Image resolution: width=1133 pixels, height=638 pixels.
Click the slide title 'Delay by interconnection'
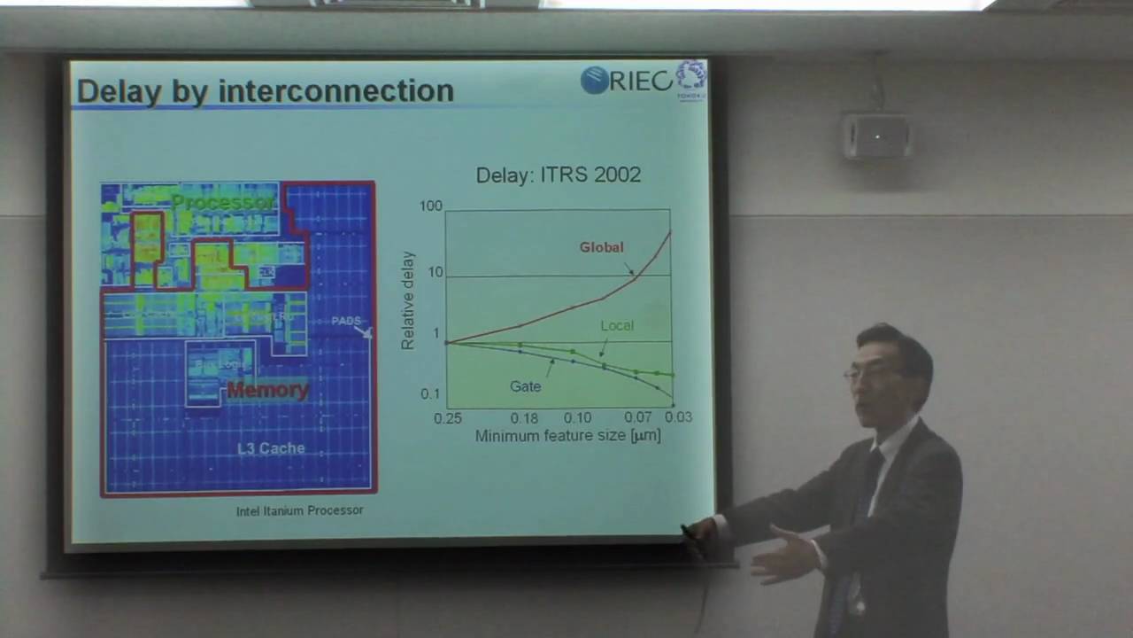265,90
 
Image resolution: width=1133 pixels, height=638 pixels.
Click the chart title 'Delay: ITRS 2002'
558,175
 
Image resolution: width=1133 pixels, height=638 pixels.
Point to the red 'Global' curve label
601,247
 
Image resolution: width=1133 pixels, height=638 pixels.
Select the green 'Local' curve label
617,325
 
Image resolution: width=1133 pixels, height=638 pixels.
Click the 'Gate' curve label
525,386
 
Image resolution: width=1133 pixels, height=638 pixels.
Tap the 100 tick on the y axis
430,206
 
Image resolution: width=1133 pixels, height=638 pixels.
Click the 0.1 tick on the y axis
430,394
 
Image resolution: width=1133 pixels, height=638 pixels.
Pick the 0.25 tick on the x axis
448,417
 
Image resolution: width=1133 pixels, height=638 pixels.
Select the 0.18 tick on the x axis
524,417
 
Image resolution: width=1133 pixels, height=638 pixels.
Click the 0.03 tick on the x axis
678,416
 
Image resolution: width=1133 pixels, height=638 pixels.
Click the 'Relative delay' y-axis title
408,300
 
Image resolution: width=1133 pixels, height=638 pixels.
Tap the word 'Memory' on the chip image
267,390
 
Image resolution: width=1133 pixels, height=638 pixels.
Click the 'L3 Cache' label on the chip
271,448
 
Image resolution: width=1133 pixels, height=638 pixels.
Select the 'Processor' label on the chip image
223,202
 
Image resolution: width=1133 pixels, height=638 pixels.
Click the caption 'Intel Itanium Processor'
299,510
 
